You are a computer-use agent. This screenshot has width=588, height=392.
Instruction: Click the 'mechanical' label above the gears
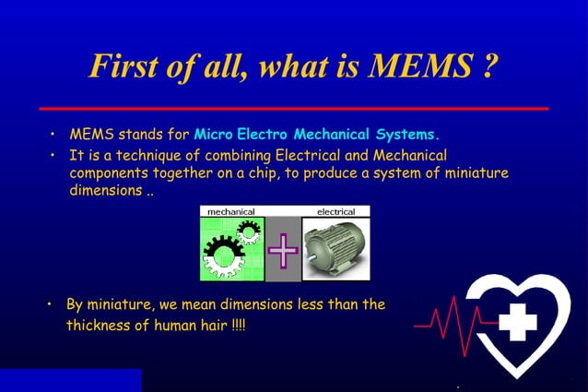click(231, 211)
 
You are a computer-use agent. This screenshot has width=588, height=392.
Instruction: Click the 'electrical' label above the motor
click(335, 211)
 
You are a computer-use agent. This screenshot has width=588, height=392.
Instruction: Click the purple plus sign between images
click(283, 249)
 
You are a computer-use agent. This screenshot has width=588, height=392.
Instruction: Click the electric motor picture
click(335, 249)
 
